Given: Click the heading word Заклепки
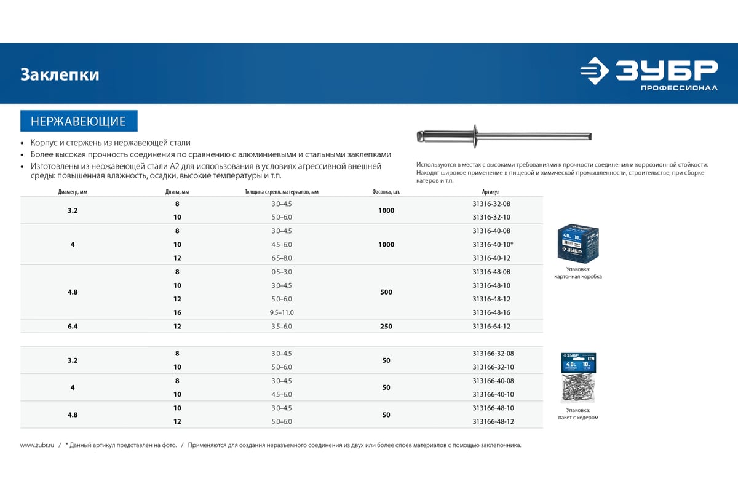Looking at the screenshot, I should coord(60,75).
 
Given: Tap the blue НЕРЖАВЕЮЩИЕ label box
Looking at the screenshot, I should coord(79,121).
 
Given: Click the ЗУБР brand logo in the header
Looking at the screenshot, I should coord(649,74).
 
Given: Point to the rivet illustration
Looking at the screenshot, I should coord(504,135).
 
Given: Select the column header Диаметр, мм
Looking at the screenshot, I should coord(73,192).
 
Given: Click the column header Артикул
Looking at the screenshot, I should coord(491,192).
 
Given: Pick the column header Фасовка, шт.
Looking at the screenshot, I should coord(386,192).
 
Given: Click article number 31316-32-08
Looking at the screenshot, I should coord(491,204).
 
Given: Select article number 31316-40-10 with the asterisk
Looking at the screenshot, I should coord(493,245).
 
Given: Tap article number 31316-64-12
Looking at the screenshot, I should coord(491,327).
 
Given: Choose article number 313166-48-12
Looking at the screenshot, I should coord(493,421).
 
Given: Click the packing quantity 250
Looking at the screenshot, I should coord(386,327).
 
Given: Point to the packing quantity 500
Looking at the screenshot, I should coord(386,292).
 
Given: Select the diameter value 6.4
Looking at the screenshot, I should coord(73,327).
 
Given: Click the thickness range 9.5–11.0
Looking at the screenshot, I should coord(282,312).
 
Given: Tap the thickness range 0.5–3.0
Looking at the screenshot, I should coord(282,272).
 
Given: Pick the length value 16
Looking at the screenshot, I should coord(177,312).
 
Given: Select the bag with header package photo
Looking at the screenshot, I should coord(578,378).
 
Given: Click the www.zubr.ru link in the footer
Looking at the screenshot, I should coord(38,445).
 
